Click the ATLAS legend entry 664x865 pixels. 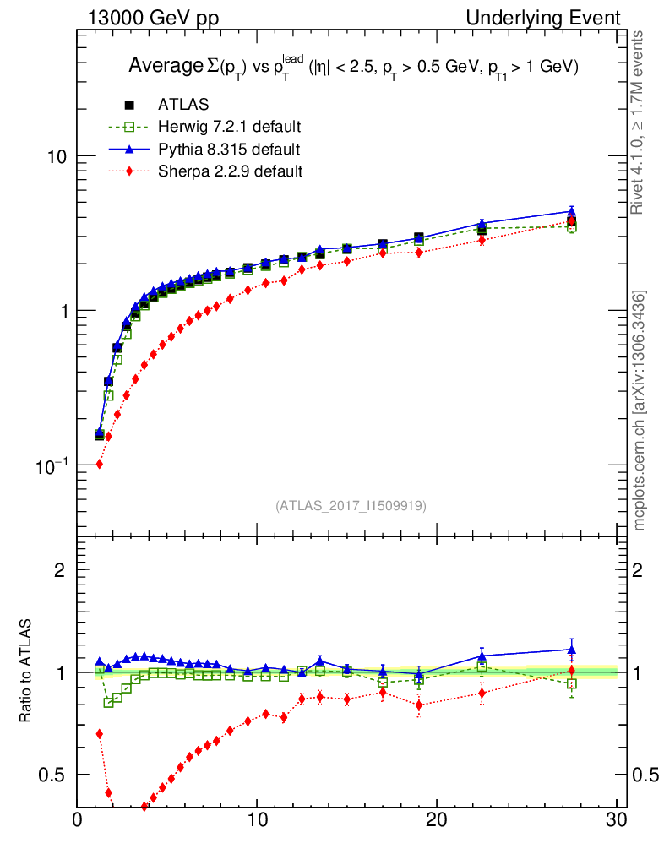click(x=182, y=105)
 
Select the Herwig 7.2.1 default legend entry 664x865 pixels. click(x=229, y=127)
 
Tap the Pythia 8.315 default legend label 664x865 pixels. click(x=228, y=150)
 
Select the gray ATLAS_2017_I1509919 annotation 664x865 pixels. click(x=351, y=506)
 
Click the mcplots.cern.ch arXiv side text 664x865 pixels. click(x=640, y=411)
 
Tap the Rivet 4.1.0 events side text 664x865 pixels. click(x=640, y=122)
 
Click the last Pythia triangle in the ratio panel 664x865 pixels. click(x=572, y=650)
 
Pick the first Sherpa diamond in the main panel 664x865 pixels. click(x=99, y=464)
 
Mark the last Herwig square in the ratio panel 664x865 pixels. click(x=572, y=684)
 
